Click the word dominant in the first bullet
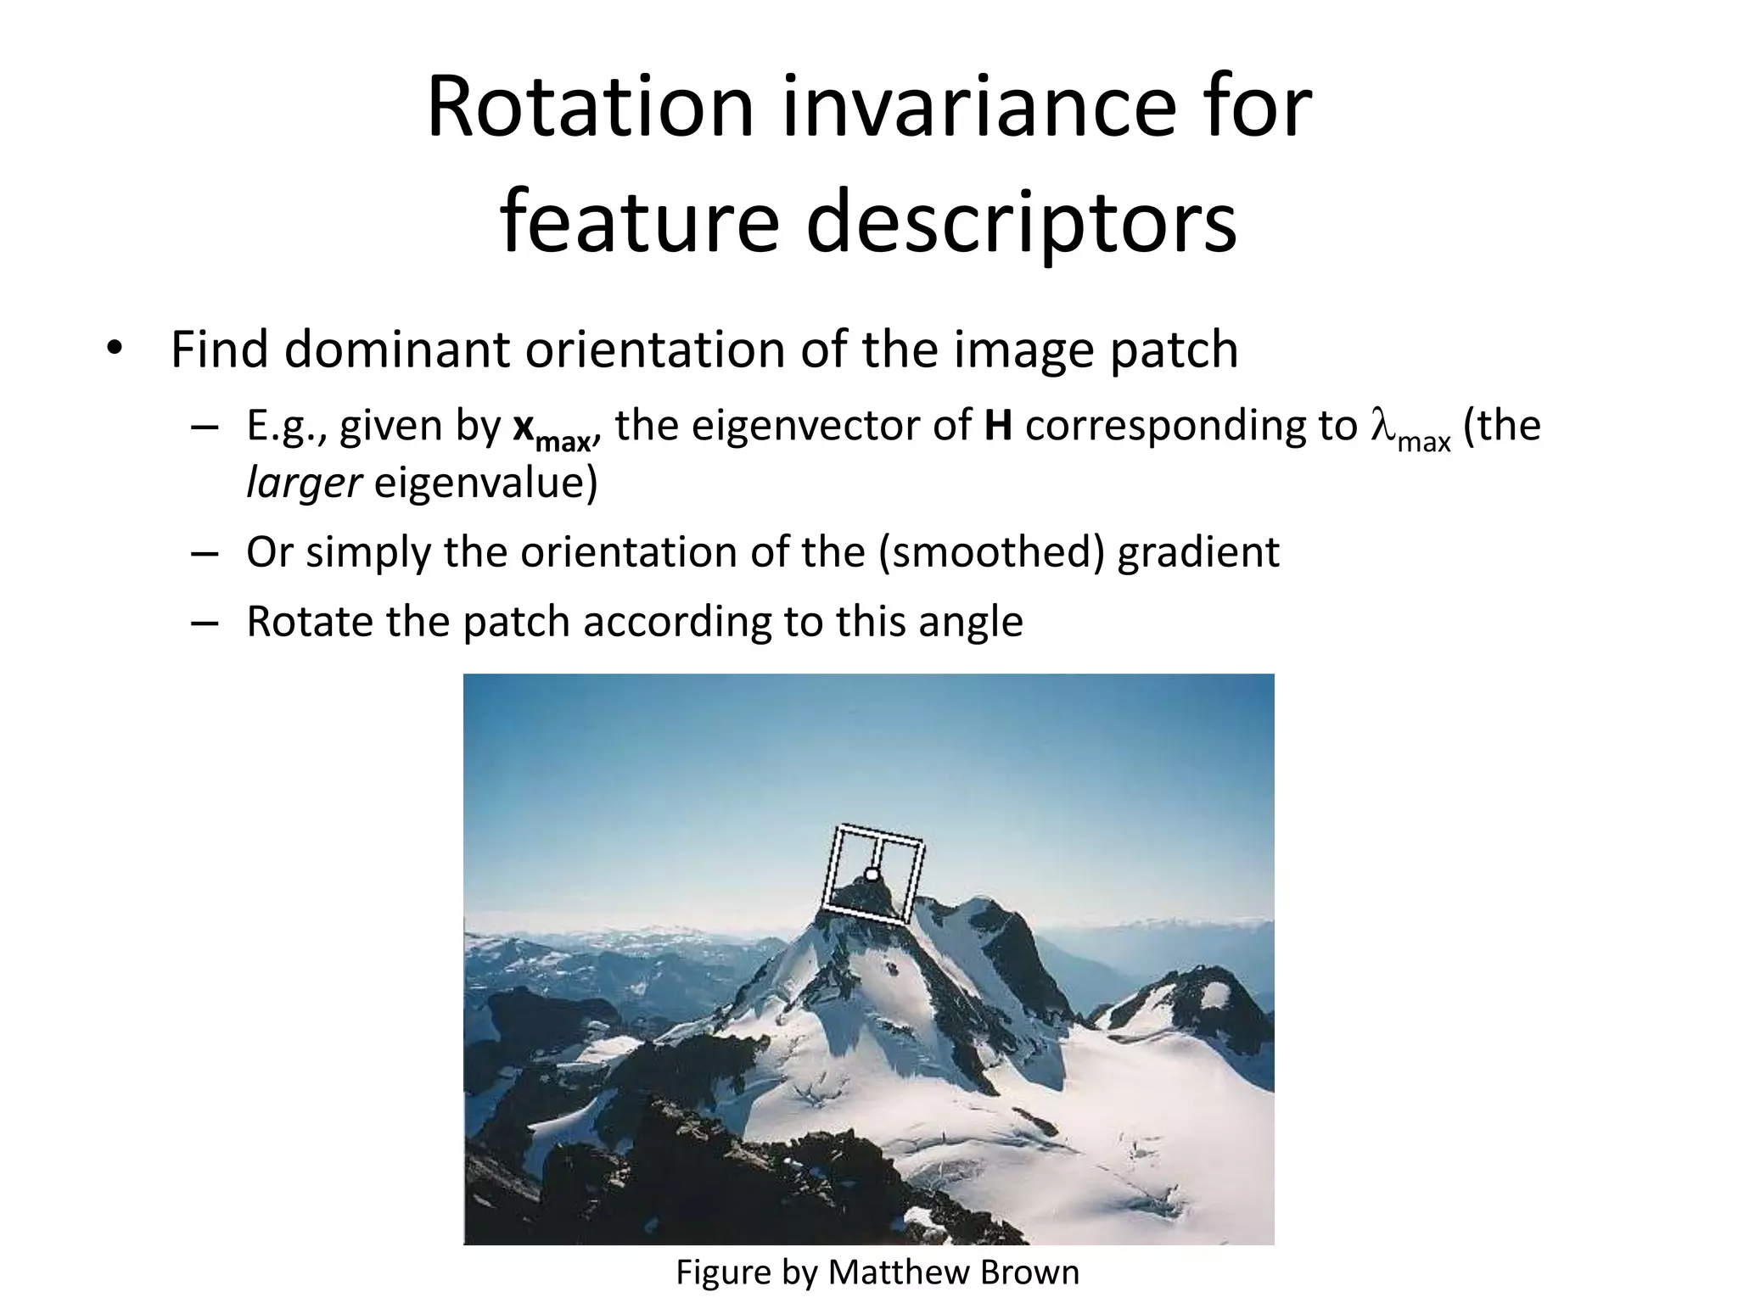pos(398,350)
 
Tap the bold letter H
pos(999,425)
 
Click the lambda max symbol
pos(1410,429)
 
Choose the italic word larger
pos(303,484)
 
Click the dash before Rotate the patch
pos(205,622)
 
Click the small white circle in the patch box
pos(871,875)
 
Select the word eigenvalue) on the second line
pos(486,484)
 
